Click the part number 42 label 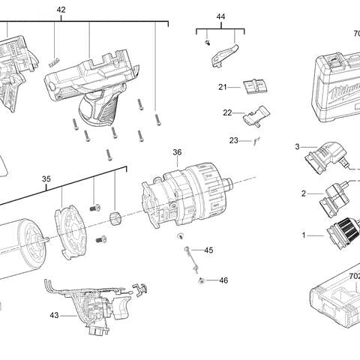point(61,10)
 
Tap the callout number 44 point(220,16)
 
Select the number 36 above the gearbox point(177,152)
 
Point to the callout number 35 point(46,179)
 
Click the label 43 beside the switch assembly point(54,316)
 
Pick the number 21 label point(223,88)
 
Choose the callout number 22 point(226,112)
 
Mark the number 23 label point(233,140)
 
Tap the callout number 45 point(208,250)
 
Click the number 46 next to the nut point(223,280)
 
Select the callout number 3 point(297,146)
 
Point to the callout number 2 point(303,193)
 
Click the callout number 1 point(304,235)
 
